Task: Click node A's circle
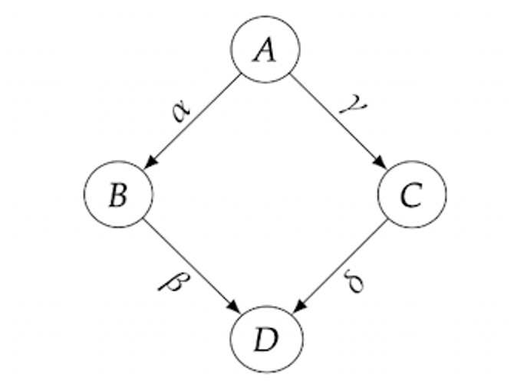[x=265, y=49]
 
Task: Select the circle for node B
[x=117, y=195]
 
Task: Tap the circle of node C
[x=411, y=195]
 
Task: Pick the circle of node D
[x=265, y=338]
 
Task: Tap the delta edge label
[x=355, y=281]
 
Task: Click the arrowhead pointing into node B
[x=150, y=162]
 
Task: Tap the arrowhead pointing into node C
[x=379, y=162]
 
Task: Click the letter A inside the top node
[x=265, y=51]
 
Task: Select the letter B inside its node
[x=117, y=195]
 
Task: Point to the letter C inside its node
[x=411, y=195]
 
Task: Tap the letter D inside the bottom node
[x=265, y=339]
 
